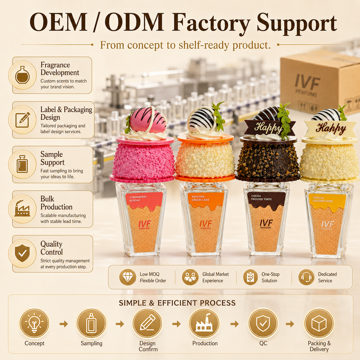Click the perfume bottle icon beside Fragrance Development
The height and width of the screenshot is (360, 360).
click(22, 75)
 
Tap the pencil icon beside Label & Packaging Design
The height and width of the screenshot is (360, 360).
click(22, 120)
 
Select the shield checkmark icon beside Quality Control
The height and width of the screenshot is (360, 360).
click(22, 253)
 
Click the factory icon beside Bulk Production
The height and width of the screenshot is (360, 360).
click(22, 208)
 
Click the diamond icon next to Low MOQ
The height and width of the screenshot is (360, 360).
click(127, 277)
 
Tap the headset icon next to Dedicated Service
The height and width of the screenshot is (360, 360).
click(306, 277)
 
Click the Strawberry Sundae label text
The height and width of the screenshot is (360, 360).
click(138, 199)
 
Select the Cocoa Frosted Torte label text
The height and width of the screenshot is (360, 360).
click(261, 198)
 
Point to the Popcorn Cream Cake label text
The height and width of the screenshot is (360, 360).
click(200, 198)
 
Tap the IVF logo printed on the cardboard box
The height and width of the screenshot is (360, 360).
click(307, 82)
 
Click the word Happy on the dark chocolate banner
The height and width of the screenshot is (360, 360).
click(268, 127)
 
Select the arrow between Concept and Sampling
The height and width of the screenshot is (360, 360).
click(64, 324)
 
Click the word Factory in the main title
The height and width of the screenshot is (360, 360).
click(211, 22)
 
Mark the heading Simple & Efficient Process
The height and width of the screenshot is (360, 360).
click(177, 303)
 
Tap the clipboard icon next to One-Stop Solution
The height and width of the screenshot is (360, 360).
click(250, 277)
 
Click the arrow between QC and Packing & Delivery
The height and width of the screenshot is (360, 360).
click(290, 324)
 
